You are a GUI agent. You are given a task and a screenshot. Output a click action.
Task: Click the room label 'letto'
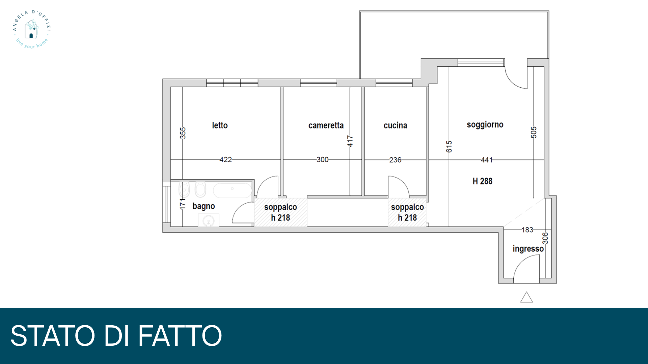(x=220, y=125)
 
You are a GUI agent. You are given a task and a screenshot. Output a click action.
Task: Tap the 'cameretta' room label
(x=326, y=125)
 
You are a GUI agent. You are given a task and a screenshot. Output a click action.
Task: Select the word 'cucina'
(x=395, y=125)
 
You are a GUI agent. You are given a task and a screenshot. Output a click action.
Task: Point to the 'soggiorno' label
(x=485, y=125)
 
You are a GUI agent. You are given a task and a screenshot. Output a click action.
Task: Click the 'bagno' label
(x=204, y=206)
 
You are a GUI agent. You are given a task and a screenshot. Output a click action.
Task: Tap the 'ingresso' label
(x=528, y=249)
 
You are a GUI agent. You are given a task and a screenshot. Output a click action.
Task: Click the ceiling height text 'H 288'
(x=482, y=181)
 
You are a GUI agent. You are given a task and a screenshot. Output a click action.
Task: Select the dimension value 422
(x=226, y=159)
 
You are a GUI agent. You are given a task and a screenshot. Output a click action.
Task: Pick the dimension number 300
(x=322, y=159)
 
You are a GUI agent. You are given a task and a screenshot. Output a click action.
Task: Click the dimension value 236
(x=395, y=160)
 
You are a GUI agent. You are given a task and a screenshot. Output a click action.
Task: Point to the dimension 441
(x=487, y=160)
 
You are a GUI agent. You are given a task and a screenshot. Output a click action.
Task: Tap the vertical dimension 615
(x=449, y=147)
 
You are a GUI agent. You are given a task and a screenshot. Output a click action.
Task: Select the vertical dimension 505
(x=534, y=132)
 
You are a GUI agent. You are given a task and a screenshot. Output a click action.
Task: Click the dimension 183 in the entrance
(x=527, y=230)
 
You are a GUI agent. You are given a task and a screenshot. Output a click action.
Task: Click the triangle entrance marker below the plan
(x=526, y=297)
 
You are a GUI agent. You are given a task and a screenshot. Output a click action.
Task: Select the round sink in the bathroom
(x=209, y=221)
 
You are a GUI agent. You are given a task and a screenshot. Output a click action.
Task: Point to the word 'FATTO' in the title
(x=180, y=336)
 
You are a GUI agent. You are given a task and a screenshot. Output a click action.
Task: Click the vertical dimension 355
(x=183, y=133)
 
